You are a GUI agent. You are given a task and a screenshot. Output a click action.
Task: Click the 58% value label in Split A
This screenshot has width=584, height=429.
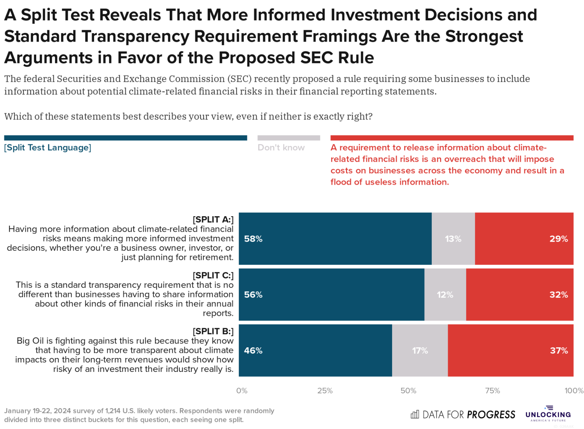pyautogui.click(x=253, y=239)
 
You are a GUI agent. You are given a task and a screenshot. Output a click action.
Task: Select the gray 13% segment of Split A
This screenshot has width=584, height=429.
pyautogui.click(x=453, y=239)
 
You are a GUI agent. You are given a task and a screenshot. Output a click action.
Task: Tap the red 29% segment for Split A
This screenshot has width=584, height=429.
pyautogui.click(x=524, y=239)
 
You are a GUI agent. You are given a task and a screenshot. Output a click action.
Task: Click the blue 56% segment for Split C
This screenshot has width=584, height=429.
pyautogui.click(x=331, y=294)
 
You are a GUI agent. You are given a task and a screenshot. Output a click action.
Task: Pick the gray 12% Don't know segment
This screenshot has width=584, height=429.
pyautogui.click(x=445, y=294)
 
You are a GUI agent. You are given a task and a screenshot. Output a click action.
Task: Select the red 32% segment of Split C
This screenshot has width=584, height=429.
pyautogui.click(x=519, y=294)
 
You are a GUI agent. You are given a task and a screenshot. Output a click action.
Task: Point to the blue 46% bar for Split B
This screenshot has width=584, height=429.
pyautogui.click(x=315, y=350)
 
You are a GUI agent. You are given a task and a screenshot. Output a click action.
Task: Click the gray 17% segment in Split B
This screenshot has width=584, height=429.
pyautogui.click(x=420, y=350)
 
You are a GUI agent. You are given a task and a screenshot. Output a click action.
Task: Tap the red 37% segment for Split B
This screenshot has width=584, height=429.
pyautogui.click(x=510, y=350)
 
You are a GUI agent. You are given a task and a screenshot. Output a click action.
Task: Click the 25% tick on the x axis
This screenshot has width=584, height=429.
pyautogui.click(x=325, y=391)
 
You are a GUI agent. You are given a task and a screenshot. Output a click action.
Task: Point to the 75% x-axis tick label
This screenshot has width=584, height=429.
pyautogui.click(x=492, y=391)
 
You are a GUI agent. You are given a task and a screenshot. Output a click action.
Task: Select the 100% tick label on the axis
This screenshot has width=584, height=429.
pyautogui.click(x=573, y=391)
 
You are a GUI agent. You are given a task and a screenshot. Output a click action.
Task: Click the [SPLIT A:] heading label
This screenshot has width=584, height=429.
pyautogui.click(x=213, y=219)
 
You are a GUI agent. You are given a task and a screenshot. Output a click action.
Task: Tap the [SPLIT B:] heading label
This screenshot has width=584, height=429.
pyautogui.click(x=213, y=331)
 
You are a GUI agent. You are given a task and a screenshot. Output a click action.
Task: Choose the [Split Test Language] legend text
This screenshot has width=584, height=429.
pyautogui.click(x=48, y=147)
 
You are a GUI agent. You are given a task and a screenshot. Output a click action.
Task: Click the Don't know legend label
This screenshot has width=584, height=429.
pyautogui.click(x=281, y=147)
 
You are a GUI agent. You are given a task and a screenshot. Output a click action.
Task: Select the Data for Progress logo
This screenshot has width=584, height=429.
pyautogui.click(x=463, y=414)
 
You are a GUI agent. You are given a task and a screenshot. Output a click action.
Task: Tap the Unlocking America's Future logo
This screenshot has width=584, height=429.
pyautogui.click(x=548, y=414)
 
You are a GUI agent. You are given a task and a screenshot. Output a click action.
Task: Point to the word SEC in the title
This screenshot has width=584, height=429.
pyautogui.click(x=316, y=58)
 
